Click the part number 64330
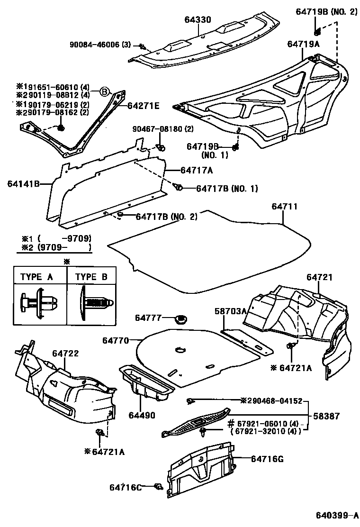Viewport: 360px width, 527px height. [x=198, y=19]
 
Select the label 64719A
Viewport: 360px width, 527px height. [x=304, y=44]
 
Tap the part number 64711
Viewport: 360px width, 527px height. [x=285, y=207]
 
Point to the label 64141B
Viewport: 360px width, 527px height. [x=23, y=183]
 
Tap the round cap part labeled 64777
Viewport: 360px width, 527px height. [x=180, y=318]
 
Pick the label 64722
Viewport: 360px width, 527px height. [x=65, y=353]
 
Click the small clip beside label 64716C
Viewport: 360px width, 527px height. [x=159, y=486]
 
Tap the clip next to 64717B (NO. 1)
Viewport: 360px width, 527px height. [x=180, y=187]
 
